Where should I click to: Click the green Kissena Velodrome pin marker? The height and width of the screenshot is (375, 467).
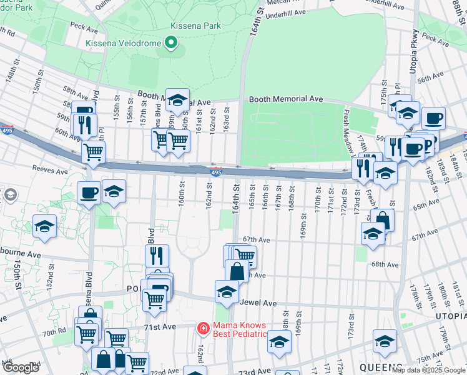(x=170, y=43)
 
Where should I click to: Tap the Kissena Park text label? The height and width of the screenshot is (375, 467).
(x=187, y=26)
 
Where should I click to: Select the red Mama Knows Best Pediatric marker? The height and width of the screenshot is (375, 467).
(x=203, y=328)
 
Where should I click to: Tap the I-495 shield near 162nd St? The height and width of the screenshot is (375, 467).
(x=215, y=172)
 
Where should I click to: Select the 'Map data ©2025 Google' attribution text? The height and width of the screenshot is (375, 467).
(x=428, y=370)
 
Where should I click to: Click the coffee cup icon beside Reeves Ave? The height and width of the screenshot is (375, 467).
(x=89, y=192)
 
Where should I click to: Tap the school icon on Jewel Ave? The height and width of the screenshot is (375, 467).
(x=227, y=291)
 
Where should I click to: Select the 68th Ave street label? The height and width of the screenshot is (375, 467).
(x=385, y=264)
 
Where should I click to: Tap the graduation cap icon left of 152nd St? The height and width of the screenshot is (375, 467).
(x=44, y=227)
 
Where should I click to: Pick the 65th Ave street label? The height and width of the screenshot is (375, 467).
(x=425, y=205)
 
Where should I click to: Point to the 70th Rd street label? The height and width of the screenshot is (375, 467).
(x=55, y=333)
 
